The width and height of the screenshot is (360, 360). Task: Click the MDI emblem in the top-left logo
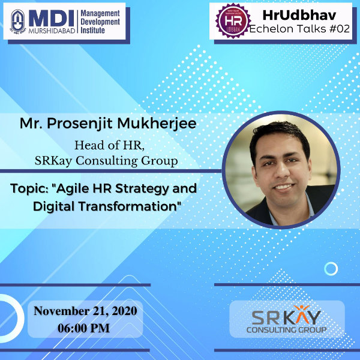coord(18,22)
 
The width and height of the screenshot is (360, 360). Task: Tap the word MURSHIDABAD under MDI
coord(52,31)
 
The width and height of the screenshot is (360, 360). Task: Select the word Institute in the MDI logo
coord(93,31)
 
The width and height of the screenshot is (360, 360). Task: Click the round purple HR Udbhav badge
coord(233,21)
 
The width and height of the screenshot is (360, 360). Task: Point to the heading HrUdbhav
coord(299,15)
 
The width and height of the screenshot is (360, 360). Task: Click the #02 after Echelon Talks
coord(339,29)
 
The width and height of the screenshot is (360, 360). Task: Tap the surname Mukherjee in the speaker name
coord(157,124)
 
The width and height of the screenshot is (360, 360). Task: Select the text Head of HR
coord(110,146)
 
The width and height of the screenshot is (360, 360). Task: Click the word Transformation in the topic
coord(128,206)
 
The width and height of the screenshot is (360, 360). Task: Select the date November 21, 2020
coord(85,311)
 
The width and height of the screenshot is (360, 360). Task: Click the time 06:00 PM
coord(84,328)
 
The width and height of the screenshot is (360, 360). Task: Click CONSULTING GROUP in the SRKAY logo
coord(286,330)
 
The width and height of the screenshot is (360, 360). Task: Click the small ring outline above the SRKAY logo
coord(331,262)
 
